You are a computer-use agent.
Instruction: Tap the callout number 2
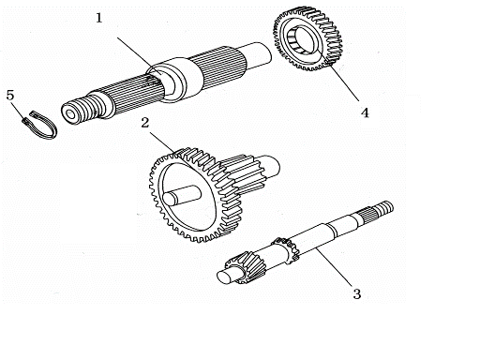[145, 123]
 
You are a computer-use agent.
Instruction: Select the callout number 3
[356, 293]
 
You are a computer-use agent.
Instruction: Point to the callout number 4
[365, 113]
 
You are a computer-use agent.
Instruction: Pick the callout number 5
[10, 95]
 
